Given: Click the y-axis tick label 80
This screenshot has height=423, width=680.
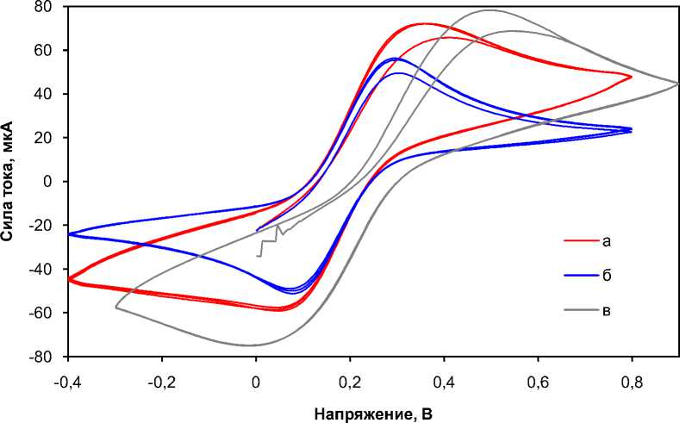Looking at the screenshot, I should point(42,7).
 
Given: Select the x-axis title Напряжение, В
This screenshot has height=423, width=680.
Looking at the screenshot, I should point(373,414).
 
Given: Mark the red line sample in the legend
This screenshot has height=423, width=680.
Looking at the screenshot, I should point(577,240).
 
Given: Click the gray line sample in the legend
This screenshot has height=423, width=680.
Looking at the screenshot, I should point(577,310).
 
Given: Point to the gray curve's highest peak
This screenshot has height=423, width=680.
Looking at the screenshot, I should point(490,10).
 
